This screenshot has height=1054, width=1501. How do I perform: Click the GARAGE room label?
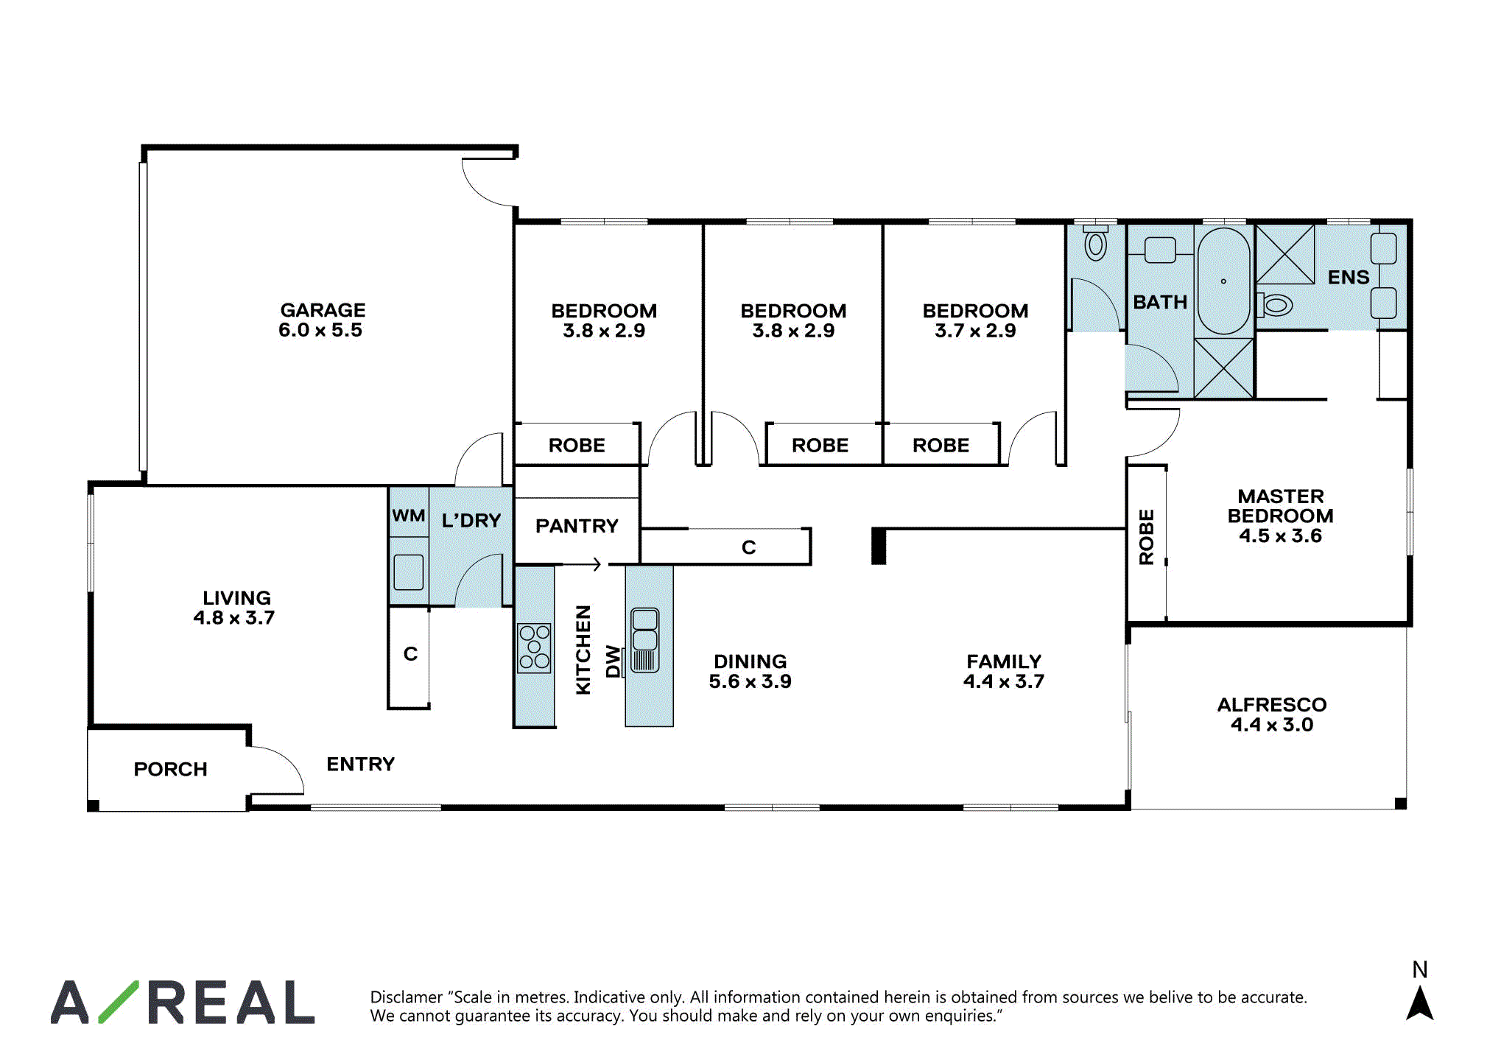point(323,310)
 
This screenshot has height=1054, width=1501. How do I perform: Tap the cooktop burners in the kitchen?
point(535,647)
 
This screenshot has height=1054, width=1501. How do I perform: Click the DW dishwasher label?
point(613,661)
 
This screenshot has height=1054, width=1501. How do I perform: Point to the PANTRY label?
point(577,526)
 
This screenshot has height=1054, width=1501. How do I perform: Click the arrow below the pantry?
point(583,565)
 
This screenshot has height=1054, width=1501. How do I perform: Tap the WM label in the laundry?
point(408,516)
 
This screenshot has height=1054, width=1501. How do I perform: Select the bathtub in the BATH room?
point(1224,281)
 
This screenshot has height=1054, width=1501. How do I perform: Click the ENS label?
point(1349,278)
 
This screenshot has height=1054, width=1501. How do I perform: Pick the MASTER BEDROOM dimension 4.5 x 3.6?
point(1280,536)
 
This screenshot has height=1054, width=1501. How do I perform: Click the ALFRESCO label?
point(1272,705)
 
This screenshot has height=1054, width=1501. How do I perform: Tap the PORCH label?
point(170,769)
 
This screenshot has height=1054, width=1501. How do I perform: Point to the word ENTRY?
point(361,765)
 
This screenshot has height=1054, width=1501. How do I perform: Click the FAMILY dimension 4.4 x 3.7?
point(1004,681)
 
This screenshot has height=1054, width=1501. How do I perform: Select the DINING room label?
point(750,661)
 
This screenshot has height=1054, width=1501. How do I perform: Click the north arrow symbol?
point(1420,1003)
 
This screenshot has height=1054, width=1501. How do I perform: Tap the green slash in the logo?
point(119,1002)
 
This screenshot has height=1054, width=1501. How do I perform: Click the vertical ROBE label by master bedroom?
point(1147,537)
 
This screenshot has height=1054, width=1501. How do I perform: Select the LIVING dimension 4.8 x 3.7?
point(234,618)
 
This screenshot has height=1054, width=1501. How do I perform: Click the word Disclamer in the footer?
point(407,997)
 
